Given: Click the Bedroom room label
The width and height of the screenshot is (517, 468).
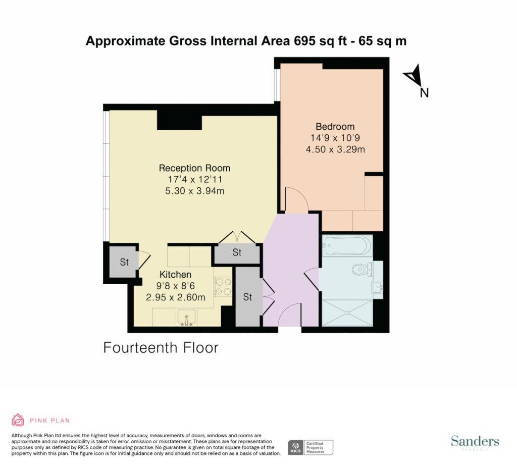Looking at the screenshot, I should pyautogui.click(x=335, y=126).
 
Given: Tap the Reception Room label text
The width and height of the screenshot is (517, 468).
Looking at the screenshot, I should pyautogui.click(x=194, y=168).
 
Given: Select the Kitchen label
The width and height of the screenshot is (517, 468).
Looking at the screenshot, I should pyautogui.click(x=175, y=275).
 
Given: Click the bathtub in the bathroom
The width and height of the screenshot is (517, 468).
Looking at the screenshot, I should pyautogui.click(x=348, y=246).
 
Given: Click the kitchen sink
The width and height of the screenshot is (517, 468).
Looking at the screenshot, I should pyautogui.click(x=186, y=318).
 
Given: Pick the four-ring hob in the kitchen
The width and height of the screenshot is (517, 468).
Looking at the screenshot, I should pyautogui.click(x=223, y=287).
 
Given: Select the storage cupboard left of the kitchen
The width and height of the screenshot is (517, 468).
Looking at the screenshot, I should pyautogui.click(x=124, y=262).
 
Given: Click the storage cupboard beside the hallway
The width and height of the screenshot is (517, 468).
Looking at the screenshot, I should pyautogui.click(x=247, y=297).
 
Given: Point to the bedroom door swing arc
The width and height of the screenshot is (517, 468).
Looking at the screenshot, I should pyautogui.click(x=296, y=199).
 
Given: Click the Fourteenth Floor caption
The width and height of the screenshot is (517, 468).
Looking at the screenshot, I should pyautogui.click(x=161, y=347).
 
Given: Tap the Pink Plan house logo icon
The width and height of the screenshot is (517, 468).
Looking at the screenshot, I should pyautogui.click(x=18, y=420).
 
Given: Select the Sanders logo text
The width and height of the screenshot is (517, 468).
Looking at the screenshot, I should pyautogui.click(x=475, y=441).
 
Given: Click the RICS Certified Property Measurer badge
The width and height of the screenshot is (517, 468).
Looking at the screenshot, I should pyautogui.click(x=310, y=447).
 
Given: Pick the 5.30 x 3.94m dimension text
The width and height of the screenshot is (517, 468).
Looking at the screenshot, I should pyautogui.click(x=194, y=191).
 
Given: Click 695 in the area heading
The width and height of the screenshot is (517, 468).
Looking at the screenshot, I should pyautogui.click(x=305, y=41).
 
